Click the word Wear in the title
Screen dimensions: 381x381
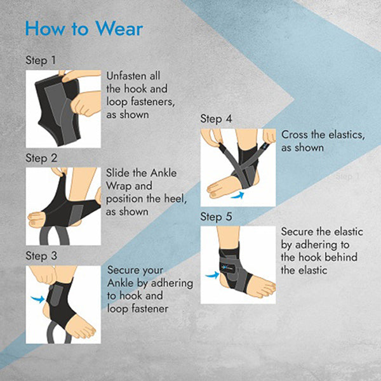pyautogui.click(x=119, y=29)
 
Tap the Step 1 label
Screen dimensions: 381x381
pyautogui.click(x=41, y=60)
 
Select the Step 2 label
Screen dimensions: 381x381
pyautogui.click(x=41, y=158)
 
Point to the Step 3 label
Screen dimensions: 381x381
pyautogui.click(x=41, y=256)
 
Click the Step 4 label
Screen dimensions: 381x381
pyautogui.click(x=216, y=119)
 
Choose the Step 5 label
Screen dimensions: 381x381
pyautogui.click(x=216, y=217)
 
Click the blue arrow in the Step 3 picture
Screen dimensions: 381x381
pyautogui.click(x=38, y=299)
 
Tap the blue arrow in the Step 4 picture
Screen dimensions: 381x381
pyautogui.click(x=237, y=196)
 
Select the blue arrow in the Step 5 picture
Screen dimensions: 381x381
pyautogui.click(x=212, y=276)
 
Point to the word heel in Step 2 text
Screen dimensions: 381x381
pyautogui.click(x=175, y=199)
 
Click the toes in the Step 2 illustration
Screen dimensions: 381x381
pyautogui.click(x=36, y=220)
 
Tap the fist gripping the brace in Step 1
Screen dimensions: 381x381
pyautogui.click(x=86, y=104)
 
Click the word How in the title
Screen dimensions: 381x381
pyautogui.click(x=45, y=29)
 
